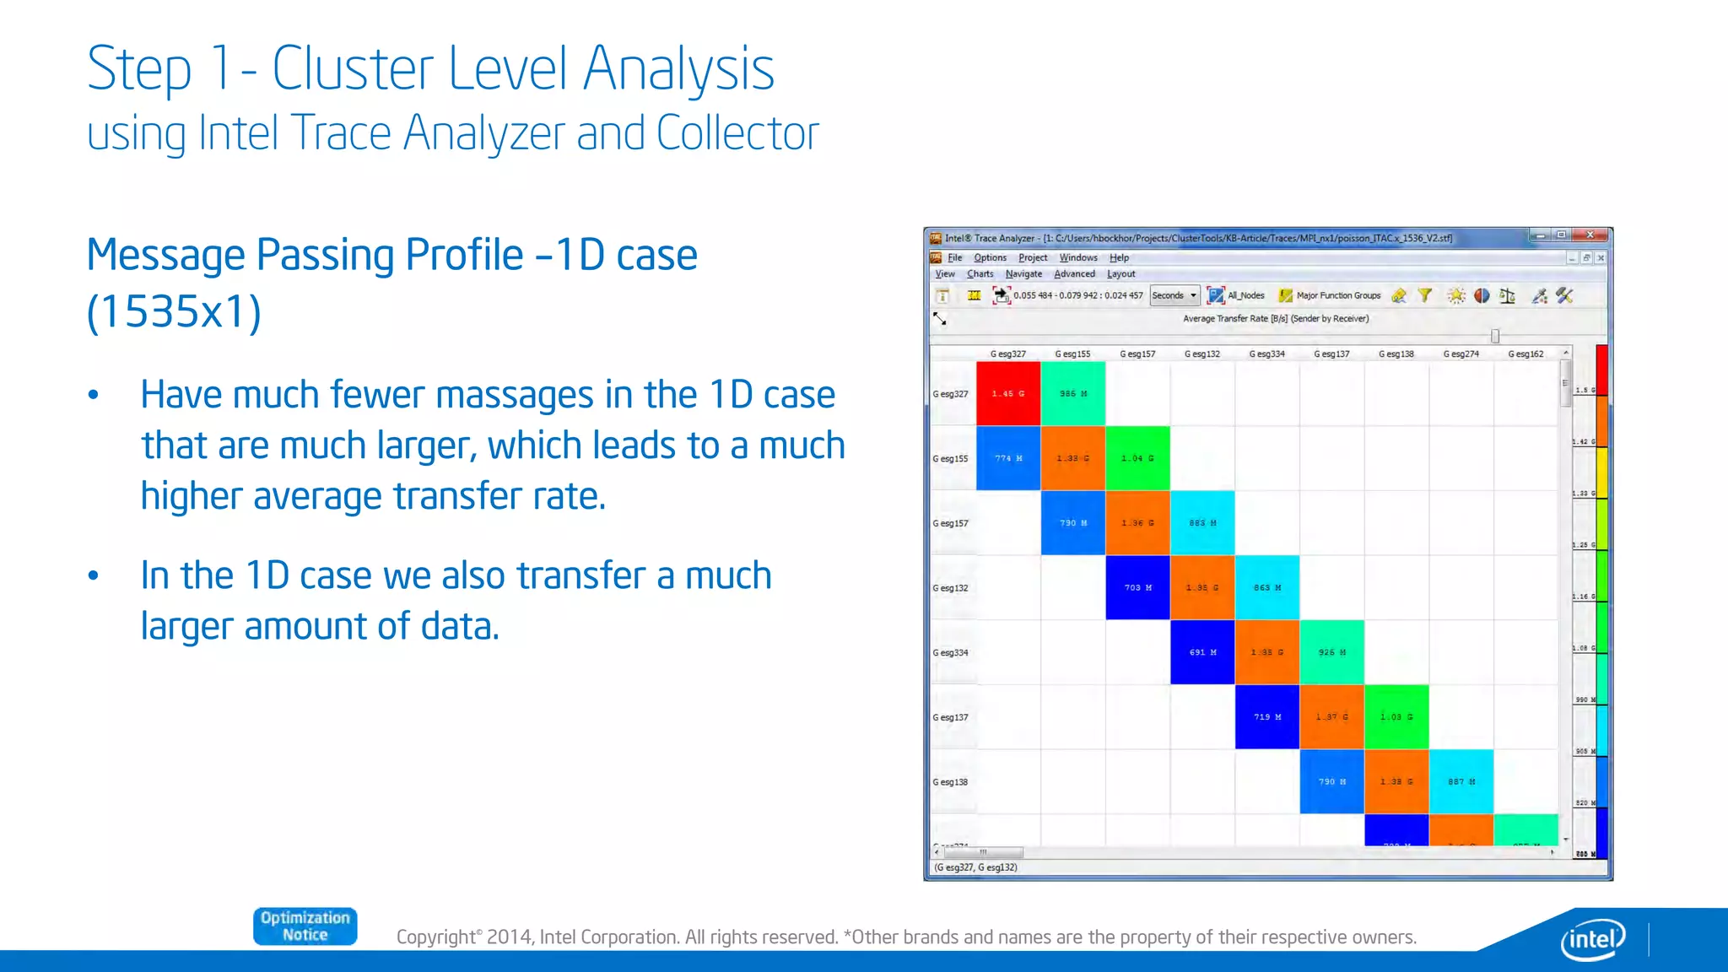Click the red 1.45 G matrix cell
(x=1008, y=393)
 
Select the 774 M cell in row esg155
(x=1008, y=458)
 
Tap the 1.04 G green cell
(x=1137, y=458)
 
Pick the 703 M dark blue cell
(x=1137, y=587)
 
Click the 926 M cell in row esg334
(x=1331, y=652)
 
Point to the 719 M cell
(x=1266, y=717)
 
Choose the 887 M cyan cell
(x=1461, y=781)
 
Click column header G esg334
(x=1266, y=354)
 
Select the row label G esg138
(x=951, y=782)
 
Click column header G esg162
(x=1525, y=354)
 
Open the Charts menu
(x=980, y=274)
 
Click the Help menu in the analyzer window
(x=1119, y=258)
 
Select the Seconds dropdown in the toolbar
(x=1174, y=295)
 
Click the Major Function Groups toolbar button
(x=1330, y=295)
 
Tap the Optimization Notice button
(x=305, y=926)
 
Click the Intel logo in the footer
(x=1593, y=938)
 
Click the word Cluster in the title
(x=353, y=69)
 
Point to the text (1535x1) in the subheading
(x=175, y=311)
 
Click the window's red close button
(x=1590, y=235)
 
